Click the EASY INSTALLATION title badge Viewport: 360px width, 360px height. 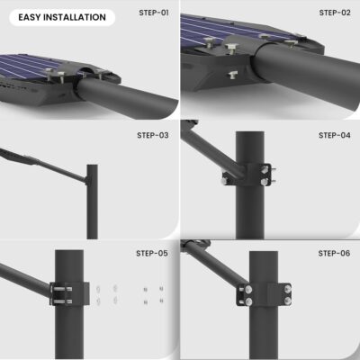(x=62, y=17)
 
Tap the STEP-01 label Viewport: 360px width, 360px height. (x=154, y=13)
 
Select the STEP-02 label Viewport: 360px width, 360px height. (x=335, y=13)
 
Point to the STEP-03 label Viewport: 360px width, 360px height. (x=153, y=135)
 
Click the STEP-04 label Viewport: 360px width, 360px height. (x=335, y=135)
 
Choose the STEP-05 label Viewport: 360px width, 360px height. (x=152, y=254)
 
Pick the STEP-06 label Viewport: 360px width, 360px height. (x=334, y=254)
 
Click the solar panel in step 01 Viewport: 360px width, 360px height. (x=29, y=66)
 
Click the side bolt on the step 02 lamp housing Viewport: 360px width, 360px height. (x=233, y=75)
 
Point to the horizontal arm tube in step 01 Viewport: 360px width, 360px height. (x=126, y=97)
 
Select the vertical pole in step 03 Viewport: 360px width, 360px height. (x=92, y=202)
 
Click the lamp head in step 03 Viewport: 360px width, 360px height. (x=19, y=157)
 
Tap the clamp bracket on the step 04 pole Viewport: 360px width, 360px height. (x=249, y=175)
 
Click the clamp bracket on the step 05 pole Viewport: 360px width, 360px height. (x=69, y=293)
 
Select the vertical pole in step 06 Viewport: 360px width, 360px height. (x=264, y=305)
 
